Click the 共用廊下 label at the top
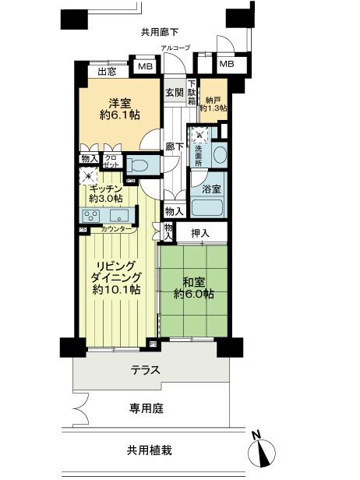point(160,32)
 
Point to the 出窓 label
point(108,72)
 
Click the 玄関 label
point(175,92)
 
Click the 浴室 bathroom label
point(212,189)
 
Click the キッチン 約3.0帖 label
point(104,193)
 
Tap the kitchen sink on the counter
point(119,217)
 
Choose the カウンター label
point(118,229)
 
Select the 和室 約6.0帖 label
point(194,291)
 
